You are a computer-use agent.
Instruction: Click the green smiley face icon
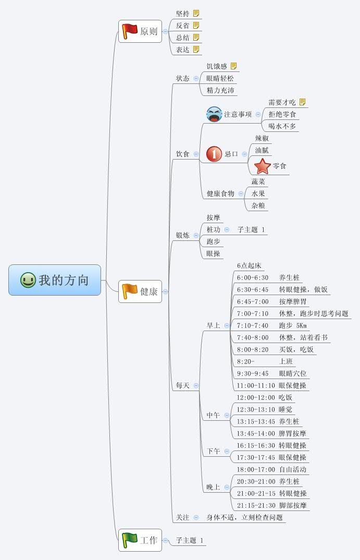point(28,280)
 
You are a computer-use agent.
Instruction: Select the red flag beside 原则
point(129,31)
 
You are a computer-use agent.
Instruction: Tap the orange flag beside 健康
point(129,291)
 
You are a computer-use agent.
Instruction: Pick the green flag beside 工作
point(129,540)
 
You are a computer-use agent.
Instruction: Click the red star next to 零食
point(263,166)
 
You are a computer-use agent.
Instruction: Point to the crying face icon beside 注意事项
point(214,114)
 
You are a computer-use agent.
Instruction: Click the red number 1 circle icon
point(214,154)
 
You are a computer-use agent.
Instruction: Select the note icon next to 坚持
point(196,14)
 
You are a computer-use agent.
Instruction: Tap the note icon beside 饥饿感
point(234,66)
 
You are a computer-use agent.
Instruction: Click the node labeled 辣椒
point(262,138)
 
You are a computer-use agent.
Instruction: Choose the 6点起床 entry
point(249,265)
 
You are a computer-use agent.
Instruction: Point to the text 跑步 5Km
point(293,325)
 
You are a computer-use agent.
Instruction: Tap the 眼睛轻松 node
point(220,78)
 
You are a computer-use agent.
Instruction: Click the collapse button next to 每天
point(196,386)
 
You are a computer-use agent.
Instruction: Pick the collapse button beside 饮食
point(196,154)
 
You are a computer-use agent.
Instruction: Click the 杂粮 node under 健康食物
point(258,205)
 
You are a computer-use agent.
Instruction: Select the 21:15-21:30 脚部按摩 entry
point(271,505)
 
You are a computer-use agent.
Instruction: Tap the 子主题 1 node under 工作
point(190,540)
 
